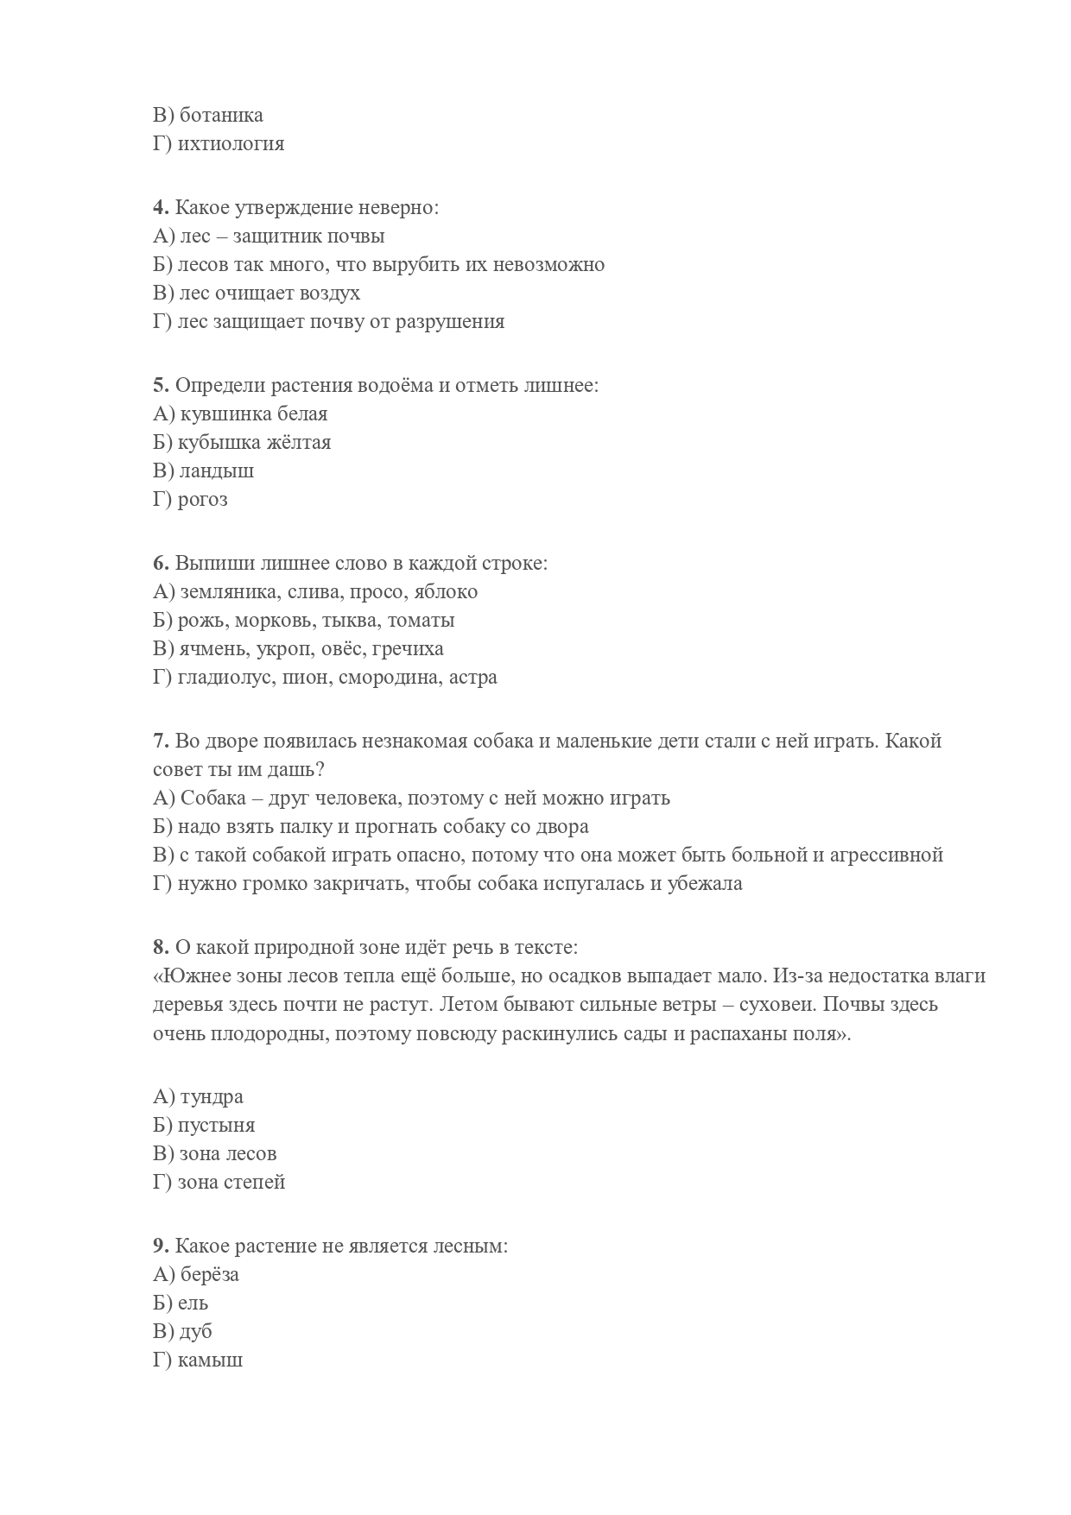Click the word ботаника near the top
tap(221, 115)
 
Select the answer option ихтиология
tap(231, 143)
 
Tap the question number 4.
tap(160, 207)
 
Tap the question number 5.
tap(160, 385)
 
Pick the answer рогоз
tap(202, 500)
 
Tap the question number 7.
tap(160, 741)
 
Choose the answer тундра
tap(212, 1097)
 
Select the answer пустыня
tap(216, 1126)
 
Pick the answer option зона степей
tap(231, 1183)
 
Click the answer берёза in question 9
tap(210, 1275)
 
